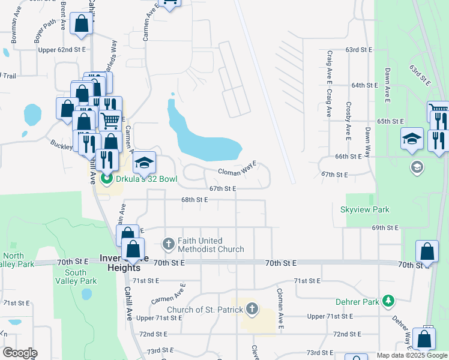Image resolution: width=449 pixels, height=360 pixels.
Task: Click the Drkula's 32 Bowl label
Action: pyautogui.click(x=144, y=179)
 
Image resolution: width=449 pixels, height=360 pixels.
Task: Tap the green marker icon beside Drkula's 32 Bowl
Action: pyautogui.click(x=107, y=179)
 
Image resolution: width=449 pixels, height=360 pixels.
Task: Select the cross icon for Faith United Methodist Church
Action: pyautogui.click(x=169, y=244)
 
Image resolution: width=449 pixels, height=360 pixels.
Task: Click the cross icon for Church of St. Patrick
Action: pyautogui.click(x=252, y=309)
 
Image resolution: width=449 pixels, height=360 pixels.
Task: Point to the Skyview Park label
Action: pyautogui.click(x=365, y=209)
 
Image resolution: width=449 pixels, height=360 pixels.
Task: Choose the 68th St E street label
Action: pyautogui.click(x=194, y=200)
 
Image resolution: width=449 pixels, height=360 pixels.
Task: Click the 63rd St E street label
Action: pyautogui.click(x=359, y=50)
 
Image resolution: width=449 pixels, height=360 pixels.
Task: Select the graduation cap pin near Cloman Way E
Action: pyautogui.click(x=144, y=163)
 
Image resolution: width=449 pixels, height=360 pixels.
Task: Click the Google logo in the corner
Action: pyautogui.click(x=20, y=353)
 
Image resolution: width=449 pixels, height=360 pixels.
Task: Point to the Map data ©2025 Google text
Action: pyautogui.click(x=411, y=355)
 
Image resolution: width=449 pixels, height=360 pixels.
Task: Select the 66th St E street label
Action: pyautogui.click(x=348, y=156)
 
